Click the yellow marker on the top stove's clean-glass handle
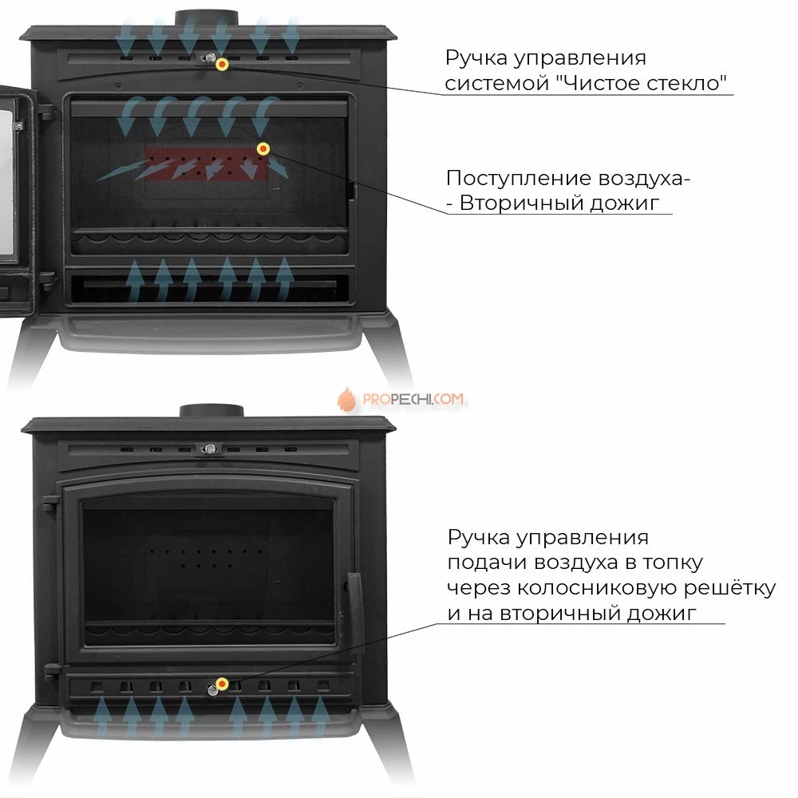(222, 64)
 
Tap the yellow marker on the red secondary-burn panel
(263, 148)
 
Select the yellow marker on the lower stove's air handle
(222, 684)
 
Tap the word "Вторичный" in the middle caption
(521, 203)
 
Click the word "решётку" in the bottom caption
(729, 587)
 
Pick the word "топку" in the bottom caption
(672, 563)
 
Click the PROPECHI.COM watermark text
(413, 399)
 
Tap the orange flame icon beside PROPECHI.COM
(346, 399)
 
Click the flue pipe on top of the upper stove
(207, 18)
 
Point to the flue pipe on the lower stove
(211, 411)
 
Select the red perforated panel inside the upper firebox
(207, 164)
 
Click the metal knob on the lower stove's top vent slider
(209, 448)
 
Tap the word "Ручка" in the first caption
(476, 58)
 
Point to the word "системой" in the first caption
(496, 84)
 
